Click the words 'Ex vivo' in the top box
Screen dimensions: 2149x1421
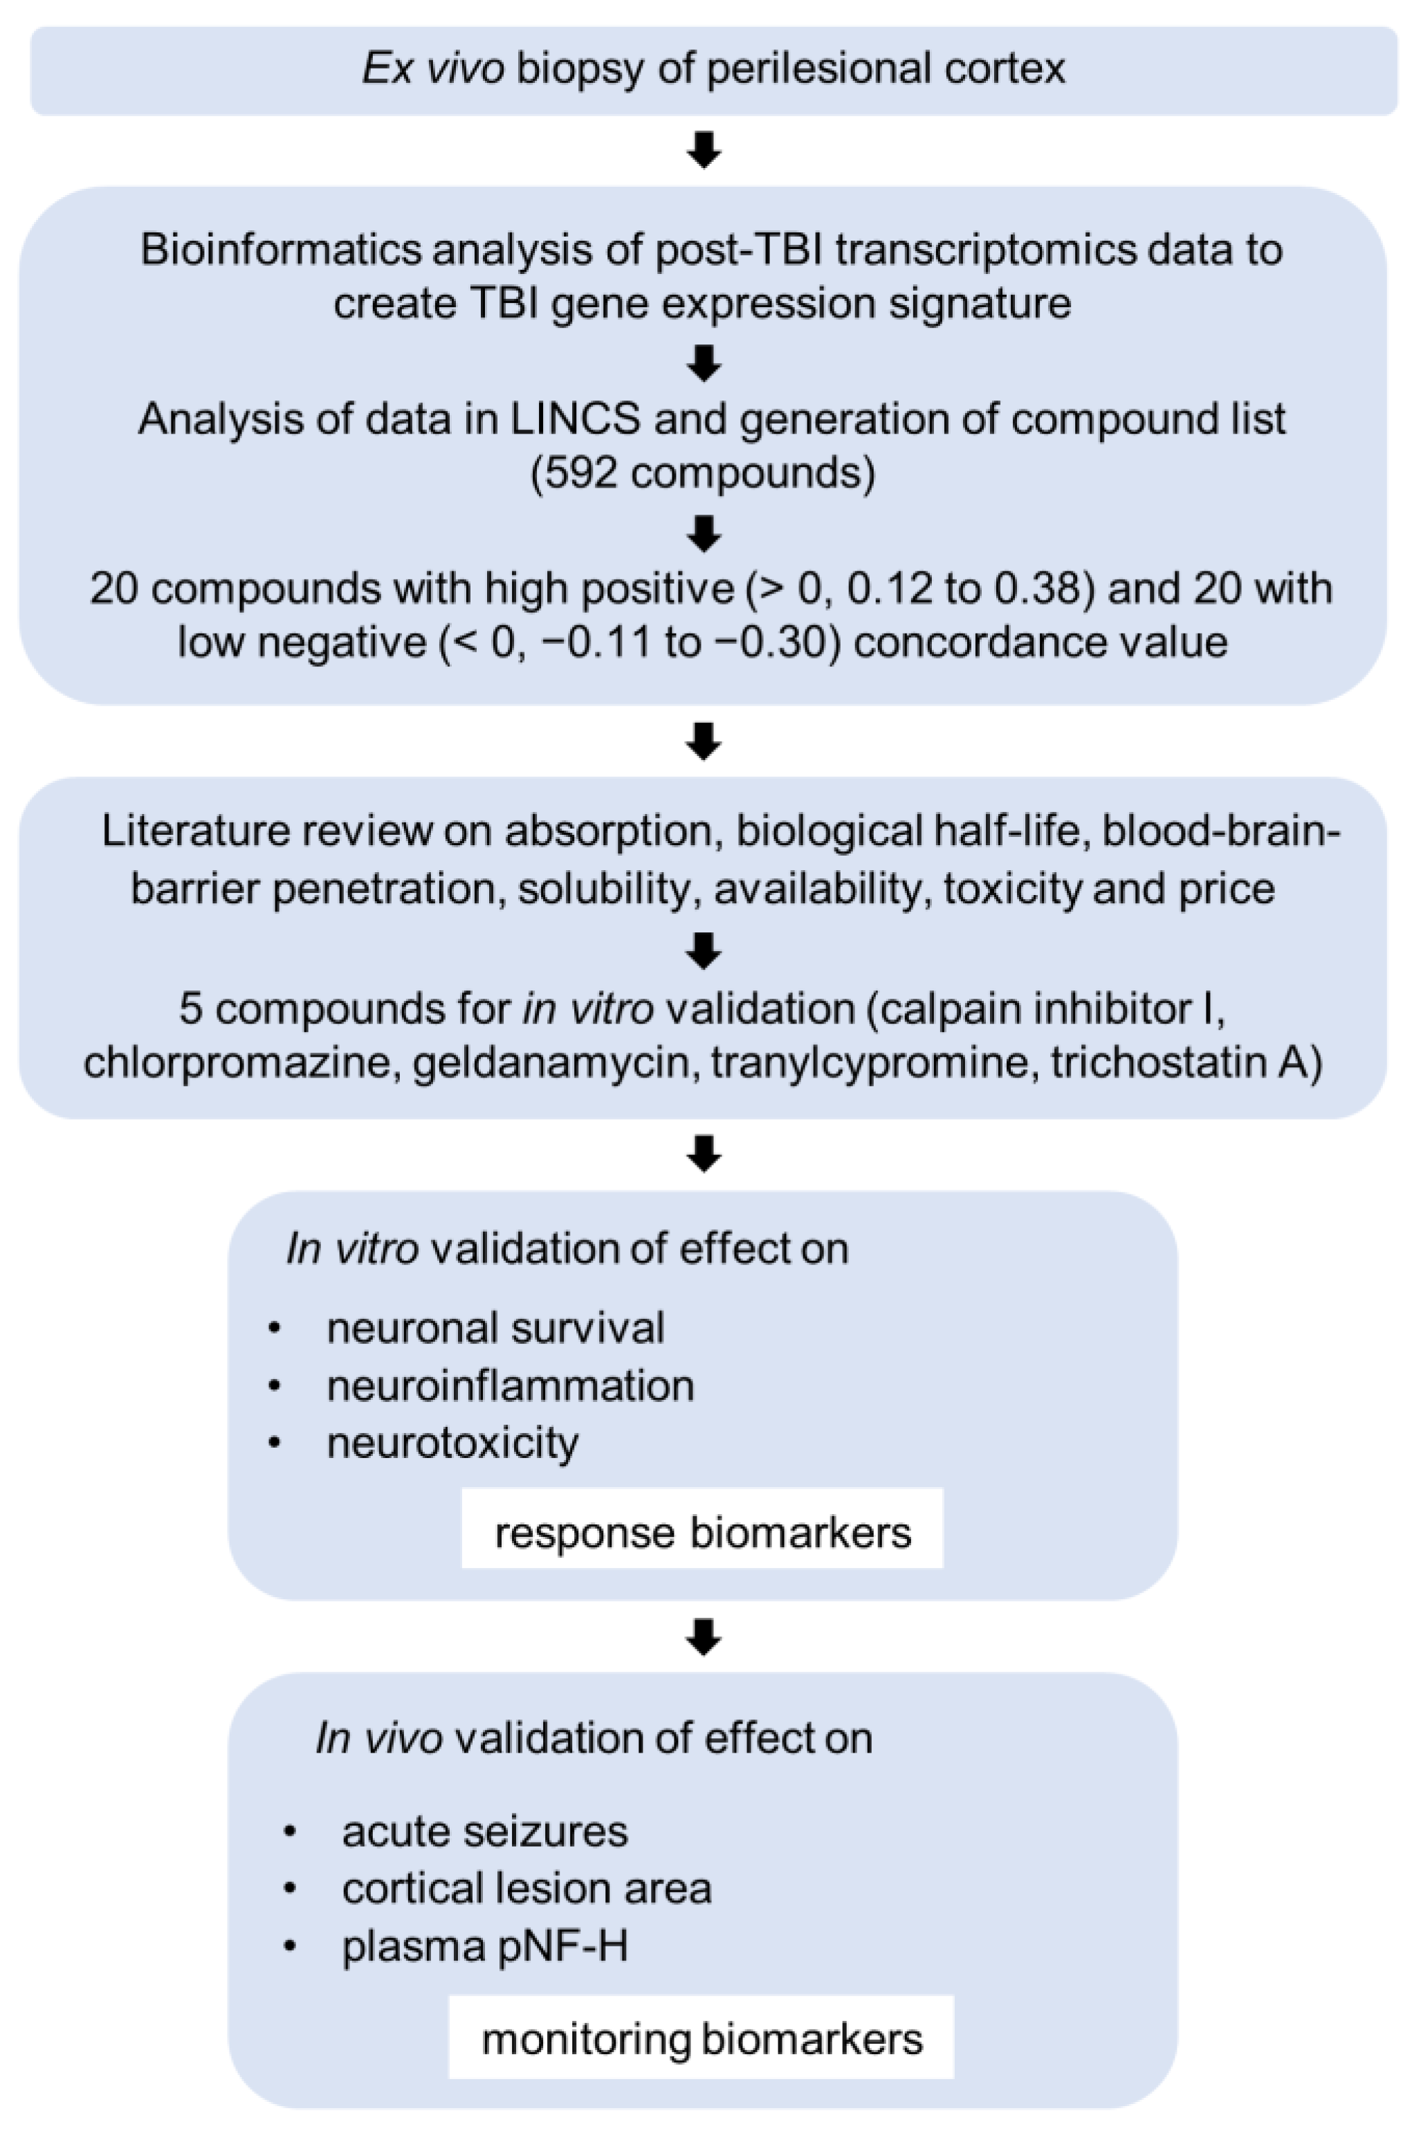click(x=433, y=69)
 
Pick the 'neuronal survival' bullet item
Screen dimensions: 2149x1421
click(x=496, y=1328)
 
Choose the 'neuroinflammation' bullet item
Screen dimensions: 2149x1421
click(x=511, y=1386)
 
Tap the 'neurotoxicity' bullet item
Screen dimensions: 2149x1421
click(x=452, y=1444)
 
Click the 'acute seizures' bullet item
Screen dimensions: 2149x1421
click(x=485, y=1832)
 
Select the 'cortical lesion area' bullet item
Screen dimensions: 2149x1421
click(x=526, y=1889)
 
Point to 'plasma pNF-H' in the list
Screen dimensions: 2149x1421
click(x=485, y=1946)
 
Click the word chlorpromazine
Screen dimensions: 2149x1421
click(x=240, y=1062)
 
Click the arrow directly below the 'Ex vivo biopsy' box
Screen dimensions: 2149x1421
click(x=704, y=149)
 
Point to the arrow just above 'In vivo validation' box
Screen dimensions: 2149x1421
click(x=704, y=1635)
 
